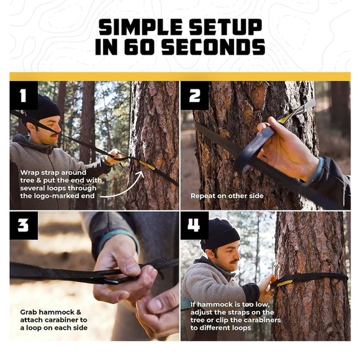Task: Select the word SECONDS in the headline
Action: pos(214,47)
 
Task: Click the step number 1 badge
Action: pos(24,96)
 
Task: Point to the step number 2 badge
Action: pos(194,96)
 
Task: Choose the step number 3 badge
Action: pos(24,225)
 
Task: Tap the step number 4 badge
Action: pos(194,225)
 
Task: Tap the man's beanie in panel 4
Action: pos(220,233)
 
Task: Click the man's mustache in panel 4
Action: pos(235,261)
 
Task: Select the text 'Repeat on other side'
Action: pos(227,196)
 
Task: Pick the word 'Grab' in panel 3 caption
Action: pos(29,312)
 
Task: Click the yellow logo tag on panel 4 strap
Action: pos(285,283)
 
